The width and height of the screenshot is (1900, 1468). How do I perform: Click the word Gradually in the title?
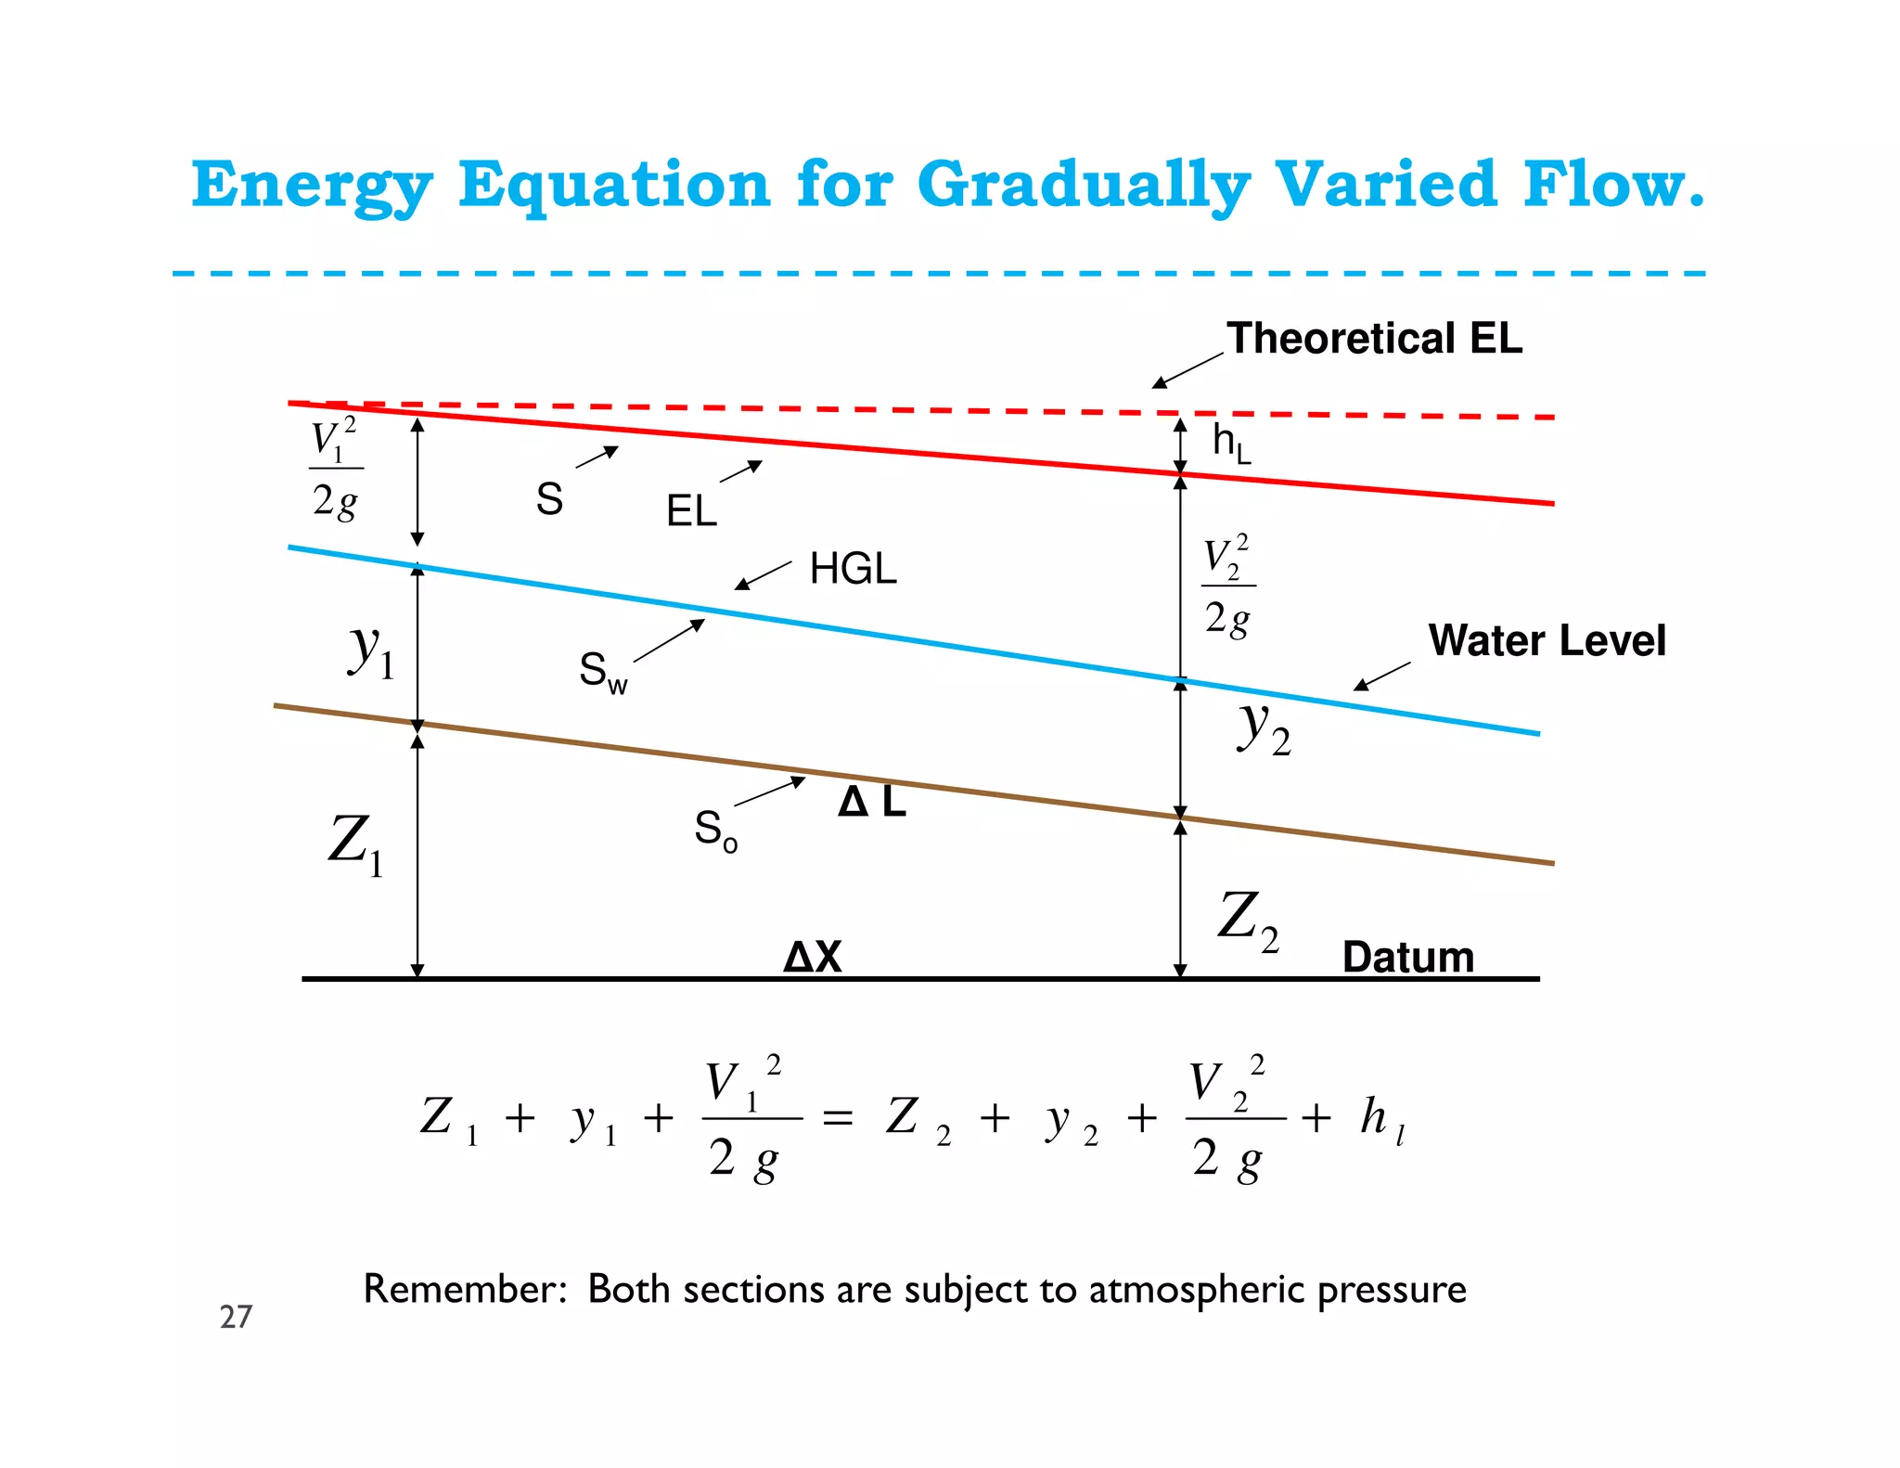click(1083, 186)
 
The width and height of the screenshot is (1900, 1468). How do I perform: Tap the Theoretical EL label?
click(1374, 339)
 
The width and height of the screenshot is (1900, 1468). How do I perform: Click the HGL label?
click(853, 569)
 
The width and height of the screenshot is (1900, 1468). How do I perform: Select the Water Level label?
click(1547, 641)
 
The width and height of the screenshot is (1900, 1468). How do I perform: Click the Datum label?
click(1407, 957)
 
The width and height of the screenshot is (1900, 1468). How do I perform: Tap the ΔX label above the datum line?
click(813, 957)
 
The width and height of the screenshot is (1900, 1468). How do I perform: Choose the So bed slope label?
click(715, 830)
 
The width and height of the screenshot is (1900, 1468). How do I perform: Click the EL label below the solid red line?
click(691, 511)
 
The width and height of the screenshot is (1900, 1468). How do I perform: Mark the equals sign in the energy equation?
click(838, 1119)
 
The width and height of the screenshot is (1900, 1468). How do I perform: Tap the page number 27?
click(236, 1317)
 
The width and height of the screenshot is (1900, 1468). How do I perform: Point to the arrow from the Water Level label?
click(1382, 676)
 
